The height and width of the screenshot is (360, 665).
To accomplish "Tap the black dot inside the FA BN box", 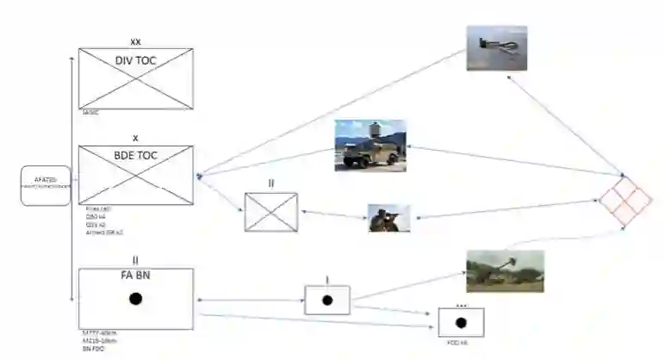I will coord(135,299).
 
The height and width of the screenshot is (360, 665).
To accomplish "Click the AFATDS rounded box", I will coord(45,183).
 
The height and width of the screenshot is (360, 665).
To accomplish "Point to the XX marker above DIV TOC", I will coord(135,40).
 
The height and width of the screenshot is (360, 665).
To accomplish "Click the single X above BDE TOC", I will coord(135,138).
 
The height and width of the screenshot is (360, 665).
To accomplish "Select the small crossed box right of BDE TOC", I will coord(270,212).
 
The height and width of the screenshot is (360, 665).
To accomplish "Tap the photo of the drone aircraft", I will coord(496,47).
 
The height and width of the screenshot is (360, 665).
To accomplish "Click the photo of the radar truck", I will coord(370,146).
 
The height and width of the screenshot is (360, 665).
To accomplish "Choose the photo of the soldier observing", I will coord(388,218).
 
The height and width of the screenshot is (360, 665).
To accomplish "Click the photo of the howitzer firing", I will coord(505,270).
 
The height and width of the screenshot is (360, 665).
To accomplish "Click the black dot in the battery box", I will coord(327,301).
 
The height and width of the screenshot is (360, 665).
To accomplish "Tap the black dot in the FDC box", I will coord(460,323).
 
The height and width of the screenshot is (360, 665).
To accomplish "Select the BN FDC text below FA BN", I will coord(89,351).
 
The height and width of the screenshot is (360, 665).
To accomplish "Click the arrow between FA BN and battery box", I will coord(250,301).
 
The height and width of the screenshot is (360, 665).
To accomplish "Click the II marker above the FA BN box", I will coord(135,259).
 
